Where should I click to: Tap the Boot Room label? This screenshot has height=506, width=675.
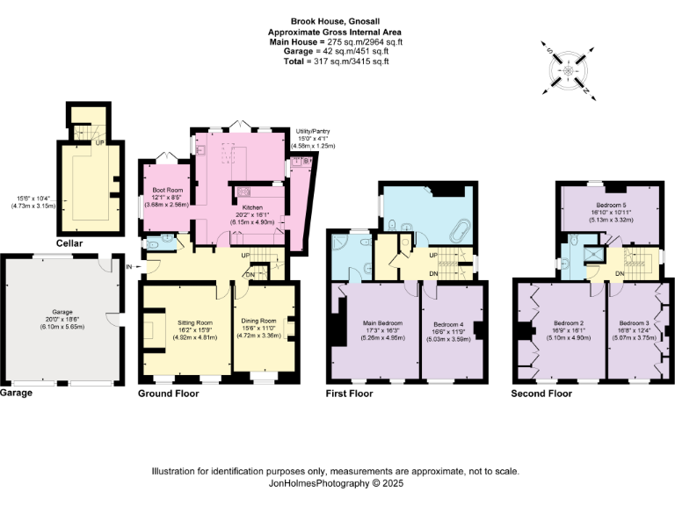[167, 190]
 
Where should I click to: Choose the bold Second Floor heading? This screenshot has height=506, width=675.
[541, 394]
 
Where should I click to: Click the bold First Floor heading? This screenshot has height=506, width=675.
[350, 394]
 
